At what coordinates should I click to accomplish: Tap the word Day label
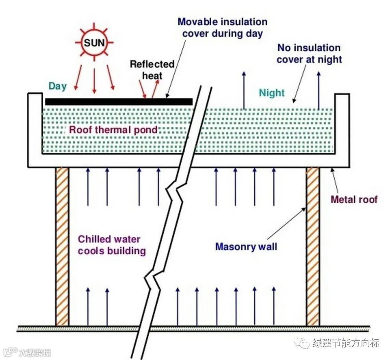click(58, 86)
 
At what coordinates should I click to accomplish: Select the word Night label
click(272, 93)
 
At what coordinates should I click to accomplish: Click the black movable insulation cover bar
click(119, 102)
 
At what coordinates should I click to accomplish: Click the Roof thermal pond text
click(113, 130)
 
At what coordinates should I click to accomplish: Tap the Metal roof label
click(354, 199)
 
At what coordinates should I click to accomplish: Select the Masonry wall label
click(246, 246)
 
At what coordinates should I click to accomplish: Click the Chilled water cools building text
click(111, 245)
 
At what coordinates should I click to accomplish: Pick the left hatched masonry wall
click(62, 246)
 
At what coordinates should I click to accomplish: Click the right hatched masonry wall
click(313, 246)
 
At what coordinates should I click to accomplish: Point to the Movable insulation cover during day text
click(222, 27)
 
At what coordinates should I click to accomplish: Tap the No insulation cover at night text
click(309, 54)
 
